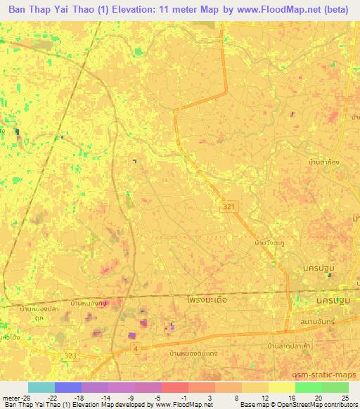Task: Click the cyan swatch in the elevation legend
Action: click(x=41, y=387)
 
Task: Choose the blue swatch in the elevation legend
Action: click(x=67, y=387)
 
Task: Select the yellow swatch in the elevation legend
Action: click(x=281, y=387)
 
